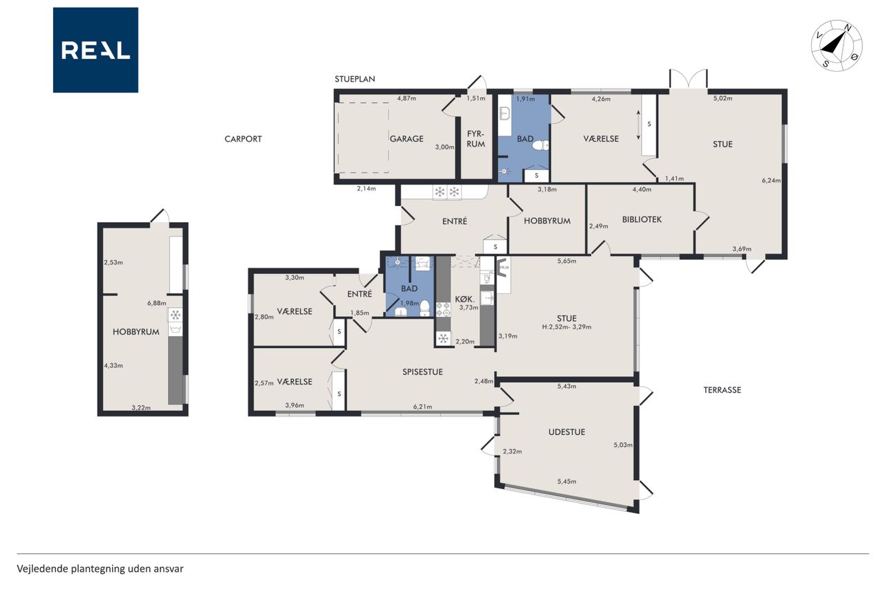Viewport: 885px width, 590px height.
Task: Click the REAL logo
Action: click(95, 50)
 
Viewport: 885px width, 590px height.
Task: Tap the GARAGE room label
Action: click(407, 139)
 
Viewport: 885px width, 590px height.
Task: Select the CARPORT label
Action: click(243, 139)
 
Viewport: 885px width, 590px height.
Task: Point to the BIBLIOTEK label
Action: click(642, 219)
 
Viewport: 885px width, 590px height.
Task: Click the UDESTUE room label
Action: click(566, 432)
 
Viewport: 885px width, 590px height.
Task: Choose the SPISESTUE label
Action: click(422, 372)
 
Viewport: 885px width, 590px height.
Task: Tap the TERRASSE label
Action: click(723, 390)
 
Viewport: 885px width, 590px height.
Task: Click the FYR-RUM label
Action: click(476, 139)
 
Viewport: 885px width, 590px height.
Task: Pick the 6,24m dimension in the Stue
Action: click(771, 181)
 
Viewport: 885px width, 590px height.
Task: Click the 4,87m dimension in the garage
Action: click(407, 98)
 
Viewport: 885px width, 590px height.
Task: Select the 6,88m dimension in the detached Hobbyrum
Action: click(156, 303)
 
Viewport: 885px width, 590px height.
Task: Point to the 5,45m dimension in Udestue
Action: click(566, 481)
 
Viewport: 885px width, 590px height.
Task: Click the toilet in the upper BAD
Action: click(540, 145)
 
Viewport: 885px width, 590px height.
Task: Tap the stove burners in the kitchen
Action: click(443, 309)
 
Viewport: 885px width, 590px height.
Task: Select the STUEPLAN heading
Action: click(355, 79)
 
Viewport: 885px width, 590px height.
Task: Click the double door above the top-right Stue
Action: click(688, 79)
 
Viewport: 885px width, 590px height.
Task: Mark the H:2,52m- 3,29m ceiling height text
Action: click(567, 327)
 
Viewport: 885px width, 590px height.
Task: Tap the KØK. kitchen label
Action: click(464, 299)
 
